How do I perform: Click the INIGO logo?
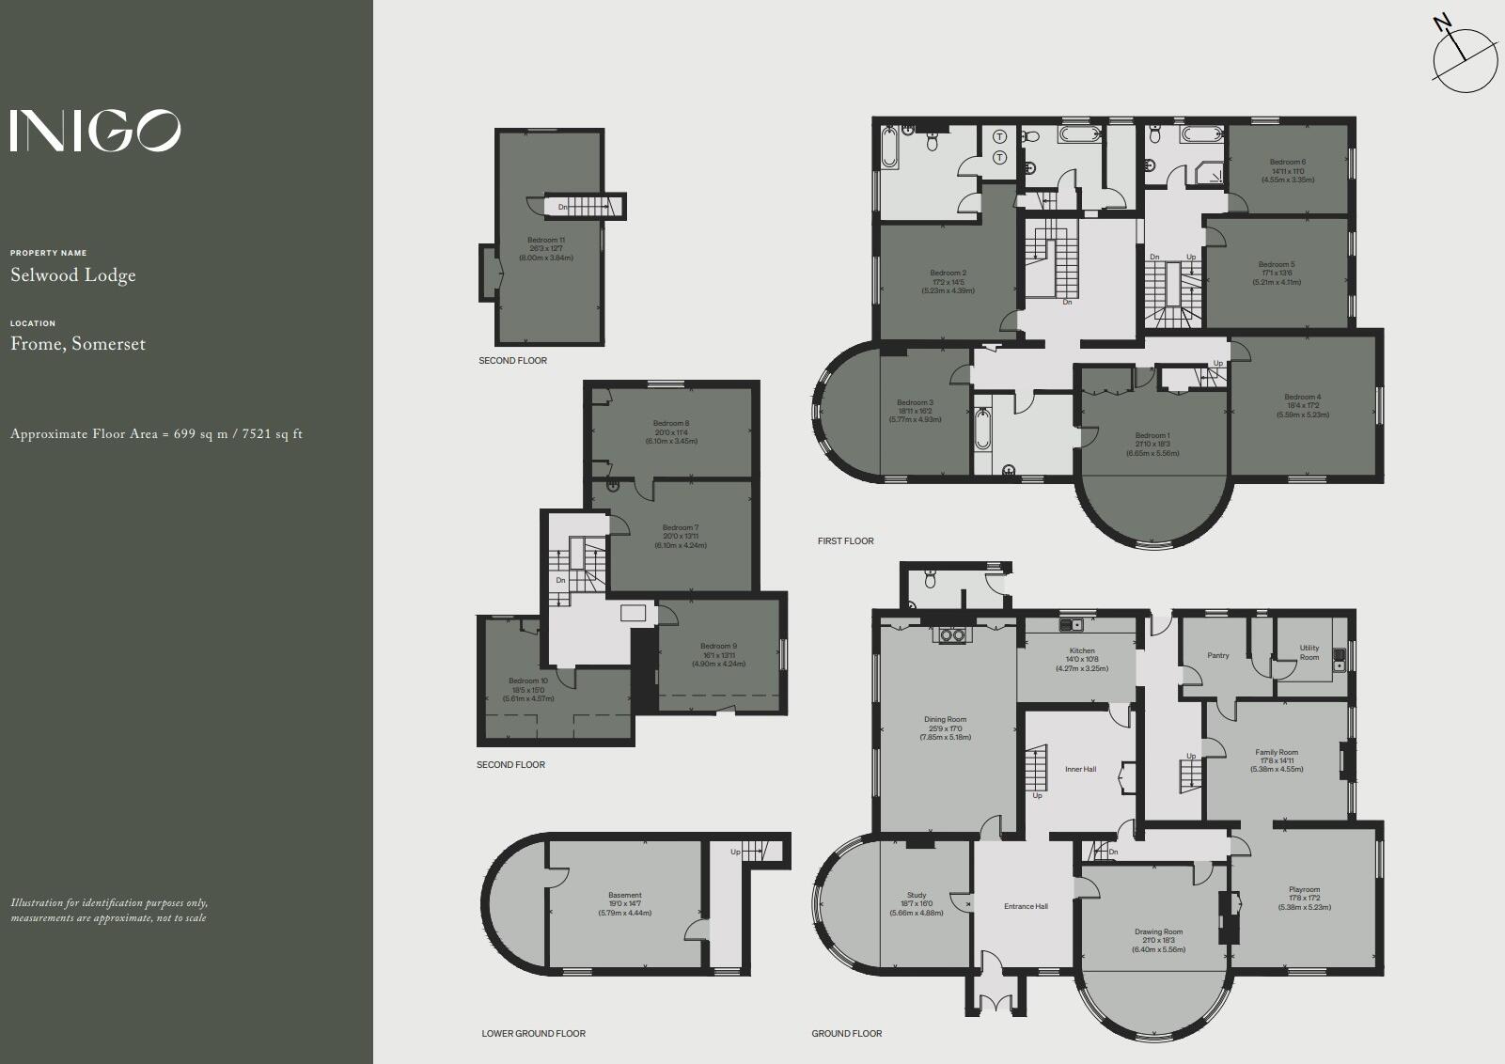pos(95,131)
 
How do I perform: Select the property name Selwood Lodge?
pos(73,275)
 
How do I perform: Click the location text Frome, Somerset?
pos(78,344)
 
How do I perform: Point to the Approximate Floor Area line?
pos(156,434)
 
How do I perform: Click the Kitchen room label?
pos(1082,650)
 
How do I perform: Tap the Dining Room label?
pos(945,719)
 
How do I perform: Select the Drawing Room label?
pos(1158,931)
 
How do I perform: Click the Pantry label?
pos(1217,655)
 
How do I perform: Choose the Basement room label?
pos(625,895)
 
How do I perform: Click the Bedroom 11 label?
pos(546,241)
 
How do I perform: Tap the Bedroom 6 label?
pos(1287,162)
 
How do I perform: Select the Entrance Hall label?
pos(1026,906)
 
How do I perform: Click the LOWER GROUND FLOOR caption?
pos(533,1033)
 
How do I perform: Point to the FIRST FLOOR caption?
pos(845,540)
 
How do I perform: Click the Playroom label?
pos(1304,889)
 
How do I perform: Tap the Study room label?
pos(917,895)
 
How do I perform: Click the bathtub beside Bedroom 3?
pos(982,430)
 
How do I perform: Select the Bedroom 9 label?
pos(718,646)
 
